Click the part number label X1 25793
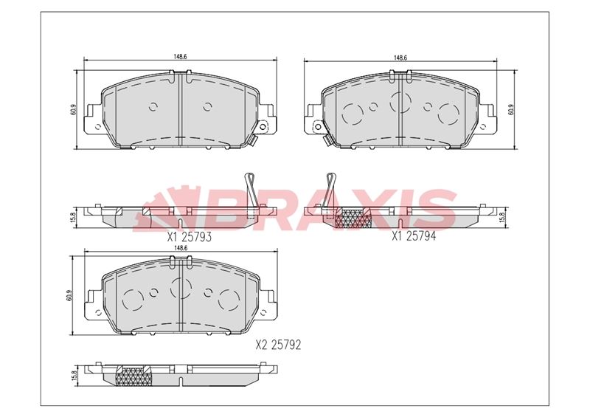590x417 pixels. pyautogui.click(x=190, y=237)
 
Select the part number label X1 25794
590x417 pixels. pyautogui.click(x=414, y=236)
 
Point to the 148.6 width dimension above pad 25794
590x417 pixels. pyautogui.click(x=400, y=58)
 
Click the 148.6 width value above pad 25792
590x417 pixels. pyautogui.click(x=181, y=248)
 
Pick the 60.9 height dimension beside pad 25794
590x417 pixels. pyautogui.click(x=510, y=109)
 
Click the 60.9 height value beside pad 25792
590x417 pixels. pyautogui.click(x=69, y=294)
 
